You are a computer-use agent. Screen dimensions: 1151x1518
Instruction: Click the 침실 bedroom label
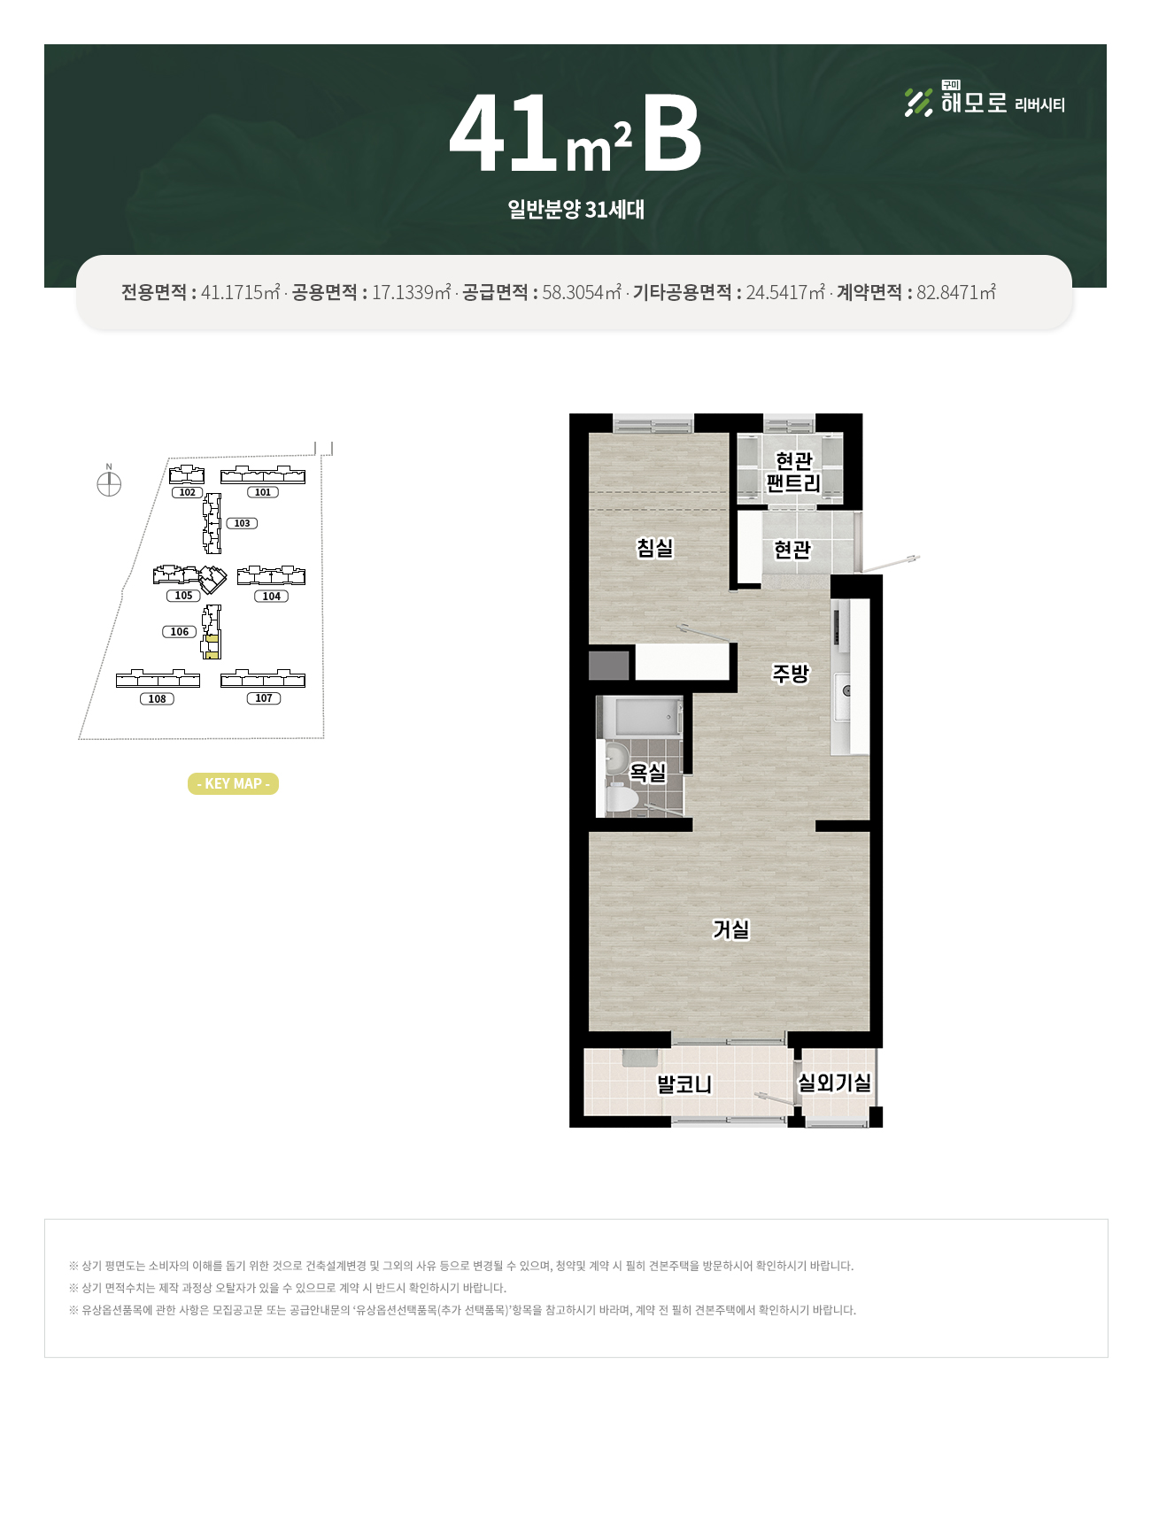point(655,548)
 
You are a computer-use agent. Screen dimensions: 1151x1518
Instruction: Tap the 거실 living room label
point(731,929)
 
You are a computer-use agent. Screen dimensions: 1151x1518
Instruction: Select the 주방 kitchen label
point(791,674)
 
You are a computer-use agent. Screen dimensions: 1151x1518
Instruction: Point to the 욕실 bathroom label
point(647,773)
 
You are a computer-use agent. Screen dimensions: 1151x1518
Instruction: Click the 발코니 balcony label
point(684,1084)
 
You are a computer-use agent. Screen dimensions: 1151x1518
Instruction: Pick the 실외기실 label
point(834,1083)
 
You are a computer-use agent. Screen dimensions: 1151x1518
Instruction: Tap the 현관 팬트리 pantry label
point(793,472)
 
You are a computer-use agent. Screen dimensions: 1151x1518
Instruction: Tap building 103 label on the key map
point(242,523)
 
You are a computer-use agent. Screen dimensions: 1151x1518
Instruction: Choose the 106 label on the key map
point(180,632)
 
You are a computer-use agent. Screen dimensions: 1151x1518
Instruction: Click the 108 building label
point(157,699)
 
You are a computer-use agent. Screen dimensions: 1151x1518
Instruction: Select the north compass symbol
point(109,484)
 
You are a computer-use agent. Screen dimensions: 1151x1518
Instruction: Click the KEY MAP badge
point(233,783)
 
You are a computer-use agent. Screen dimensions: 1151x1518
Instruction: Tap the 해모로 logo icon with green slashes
point(918,103)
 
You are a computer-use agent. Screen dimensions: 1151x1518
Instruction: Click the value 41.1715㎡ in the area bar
point(241,292)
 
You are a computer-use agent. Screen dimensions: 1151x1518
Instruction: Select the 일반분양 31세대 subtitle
point(575,210)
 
